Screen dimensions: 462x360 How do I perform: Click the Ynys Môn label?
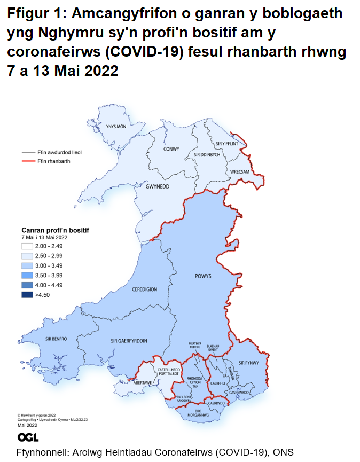pyautogui.click(x=116, y=127)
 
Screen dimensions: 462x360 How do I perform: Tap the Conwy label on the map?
pyautogui.click(x=171, y=149)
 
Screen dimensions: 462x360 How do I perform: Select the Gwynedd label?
pyautogui.click(x=158, y=187)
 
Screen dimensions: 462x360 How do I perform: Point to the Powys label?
pyautogui.click(x=204, y=276)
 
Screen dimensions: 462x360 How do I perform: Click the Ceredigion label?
pyautogui.click(x=144, y=289)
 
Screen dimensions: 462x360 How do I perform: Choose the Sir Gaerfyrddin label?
pyautogui.click(x=129, y=340)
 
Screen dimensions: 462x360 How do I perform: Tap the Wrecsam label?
pyautogui.click(x=240, y=172)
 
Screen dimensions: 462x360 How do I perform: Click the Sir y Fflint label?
pyautogui.click(x=226, y=144)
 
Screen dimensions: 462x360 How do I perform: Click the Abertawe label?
pyautogui.click(x=143, y=382)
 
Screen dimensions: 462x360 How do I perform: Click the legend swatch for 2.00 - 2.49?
pyautogui.click(x=27, y=246)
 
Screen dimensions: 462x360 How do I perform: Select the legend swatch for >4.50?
pyautogui.click(x=27, y=294)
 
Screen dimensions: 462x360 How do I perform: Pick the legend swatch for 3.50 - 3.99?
pyautogui.click(x=27, y=275)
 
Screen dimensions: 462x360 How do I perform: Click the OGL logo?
pyautogui.click(x=28, y=437)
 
